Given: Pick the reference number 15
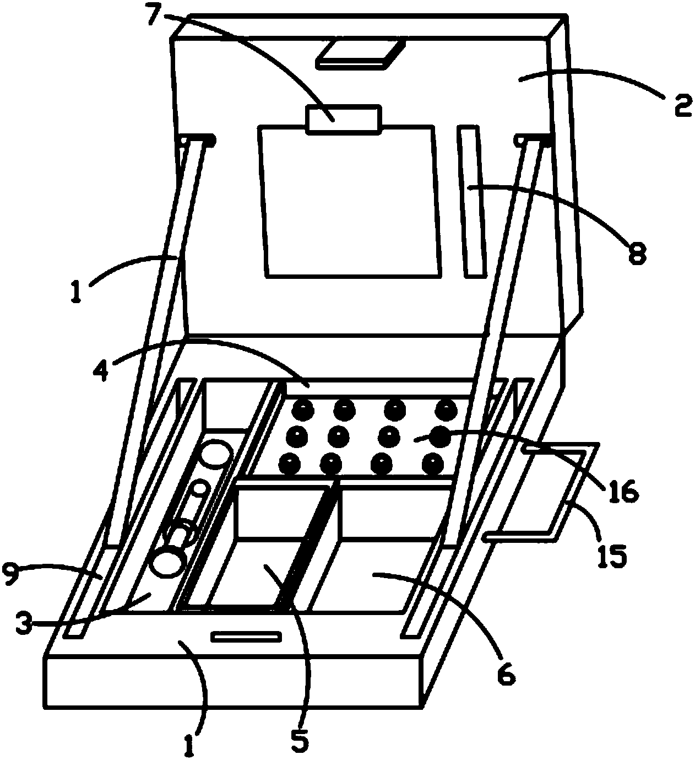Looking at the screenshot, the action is point(613,556).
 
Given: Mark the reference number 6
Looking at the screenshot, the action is point(506,672).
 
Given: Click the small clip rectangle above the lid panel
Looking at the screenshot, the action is point(344,120).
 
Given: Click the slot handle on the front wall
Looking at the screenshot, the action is point(246,637).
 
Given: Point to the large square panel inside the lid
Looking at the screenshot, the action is point(350,201).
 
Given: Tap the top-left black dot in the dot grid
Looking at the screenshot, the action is point(302,410).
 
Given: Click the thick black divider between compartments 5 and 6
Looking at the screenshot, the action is point(307,546).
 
